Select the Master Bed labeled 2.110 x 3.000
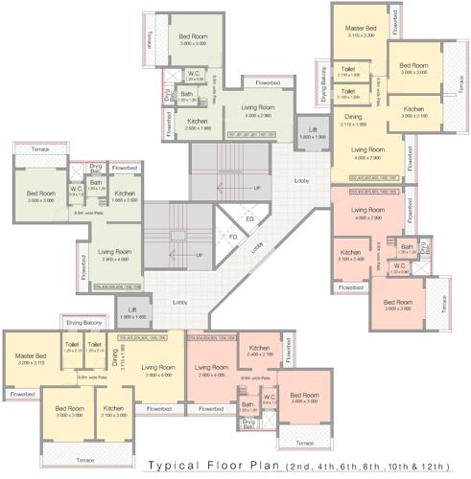click(360, 30)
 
